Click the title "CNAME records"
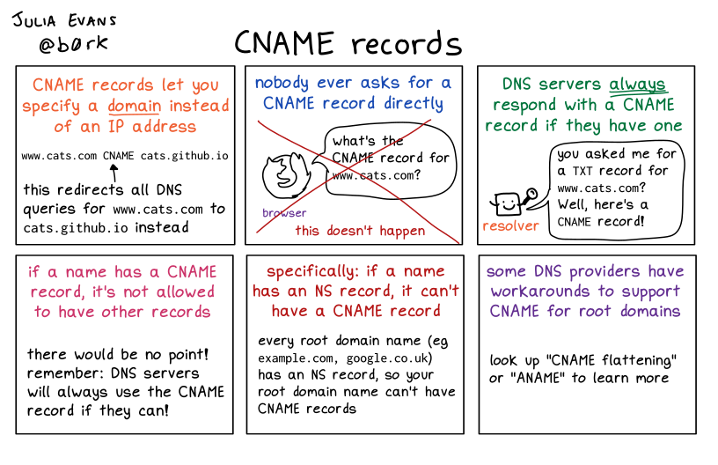coord(348,43)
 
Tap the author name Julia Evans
coord(63,18)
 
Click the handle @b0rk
coord(62,42)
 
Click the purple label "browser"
coord(284,213)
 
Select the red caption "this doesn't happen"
coord(360,231)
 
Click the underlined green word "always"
coord(638,85)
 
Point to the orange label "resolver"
coord(510,226)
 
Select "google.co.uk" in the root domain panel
coord(387,359)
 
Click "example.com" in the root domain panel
coord(296,359)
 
